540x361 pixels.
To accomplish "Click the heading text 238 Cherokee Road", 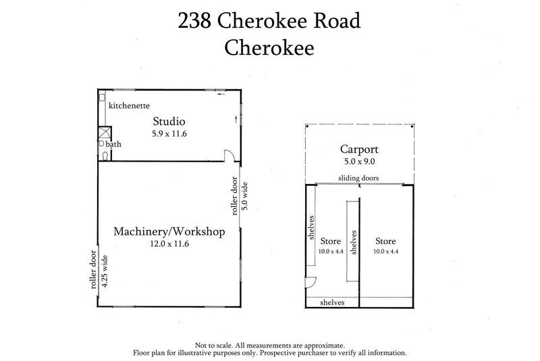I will [269, 20].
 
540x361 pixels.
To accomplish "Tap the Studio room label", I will [169, 122].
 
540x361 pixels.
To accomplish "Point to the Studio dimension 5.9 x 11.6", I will [169, 135].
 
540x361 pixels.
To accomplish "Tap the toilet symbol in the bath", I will [105, 155].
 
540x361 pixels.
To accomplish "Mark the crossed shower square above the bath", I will [104, 133].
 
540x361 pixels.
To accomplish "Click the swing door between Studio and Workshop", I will [230, 157].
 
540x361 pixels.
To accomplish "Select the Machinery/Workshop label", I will [169, 232].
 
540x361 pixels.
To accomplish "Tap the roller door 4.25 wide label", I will [99, 270].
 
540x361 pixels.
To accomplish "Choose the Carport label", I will [360, 149].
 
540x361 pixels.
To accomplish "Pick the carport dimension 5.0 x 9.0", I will [360, 162].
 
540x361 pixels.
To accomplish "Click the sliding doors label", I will [358, 178].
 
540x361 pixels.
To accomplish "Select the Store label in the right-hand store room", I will [385, 241].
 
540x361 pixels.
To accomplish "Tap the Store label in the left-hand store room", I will [330, 241].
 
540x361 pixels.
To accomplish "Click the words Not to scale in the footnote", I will [215, 344].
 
